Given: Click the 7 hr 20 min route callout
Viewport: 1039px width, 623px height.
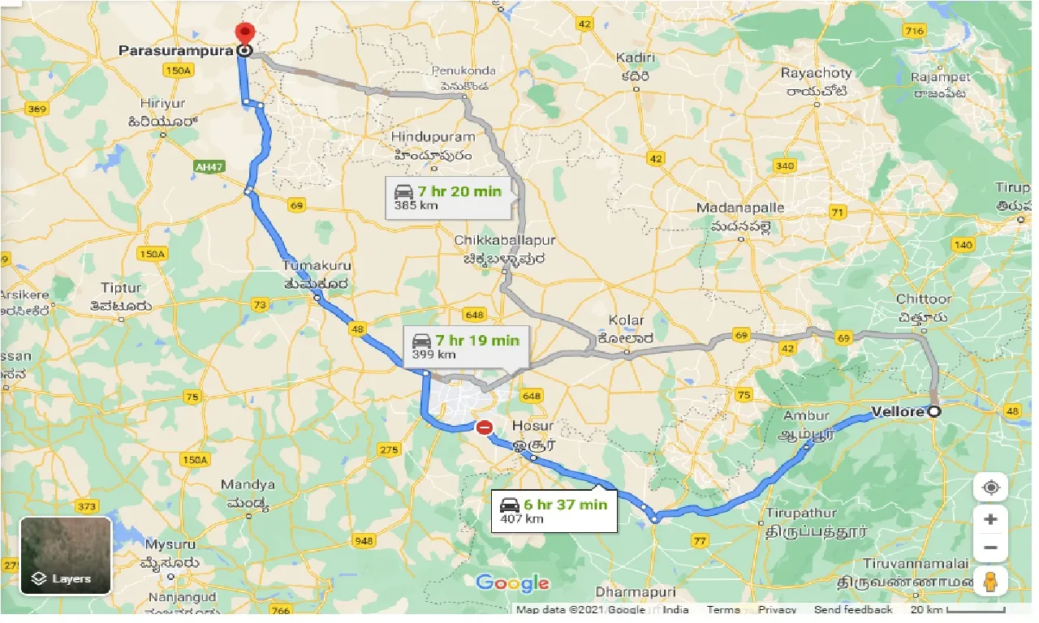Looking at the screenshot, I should pyautogui.click(x=449, y=198).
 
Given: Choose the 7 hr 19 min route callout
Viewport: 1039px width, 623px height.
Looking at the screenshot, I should pyautogui.click(x=465, y=346).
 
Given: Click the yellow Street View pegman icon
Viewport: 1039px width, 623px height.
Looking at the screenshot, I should pyautogui.click(x=990, y=582).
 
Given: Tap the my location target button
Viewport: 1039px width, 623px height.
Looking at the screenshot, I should pyautogui.click(x=990, y=488).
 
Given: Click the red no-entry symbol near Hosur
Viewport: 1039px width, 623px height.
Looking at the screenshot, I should pyautogui.click(x=485, y=427).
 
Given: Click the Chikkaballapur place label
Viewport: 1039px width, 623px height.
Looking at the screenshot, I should pyautogui.click(x=505, y=241).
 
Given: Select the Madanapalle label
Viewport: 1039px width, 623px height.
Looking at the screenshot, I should pyautogui.click(x=740, y=208).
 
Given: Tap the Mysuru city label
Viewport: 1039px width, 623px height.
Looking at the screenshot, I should pyautogui.click(x=170, y=544).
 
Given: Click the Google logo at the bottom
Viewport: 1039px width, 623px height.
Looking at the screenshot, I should pyautogui.click(x=512, y=582).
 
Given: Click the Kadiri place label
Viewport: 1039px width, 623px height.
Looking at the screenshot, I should pyautogui.click(x=633, y=58).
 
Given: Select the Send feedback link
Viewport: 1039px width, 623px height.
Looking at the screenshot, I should pyautogui.click(x=852, y=610).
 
